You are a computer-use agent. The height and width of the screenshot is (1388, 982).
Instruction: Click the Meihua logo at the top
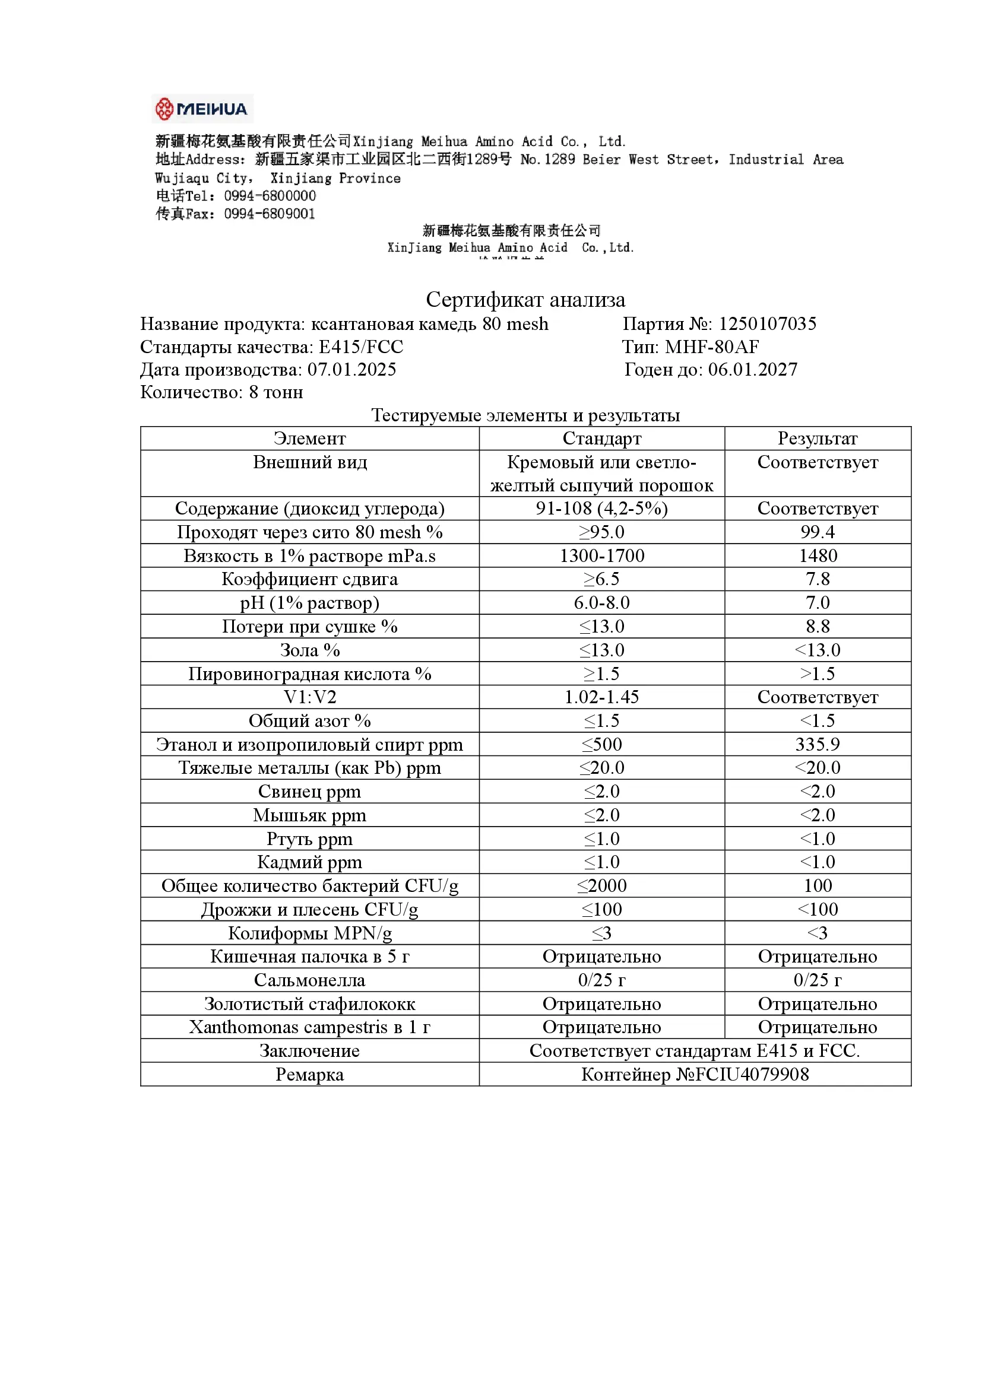point(202,109)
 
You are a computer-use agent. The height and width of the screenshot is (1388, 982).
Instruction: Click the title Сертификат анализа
point(525,300)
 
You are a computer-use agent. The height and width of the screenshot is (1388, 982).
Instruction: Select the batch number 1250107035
point(767,324)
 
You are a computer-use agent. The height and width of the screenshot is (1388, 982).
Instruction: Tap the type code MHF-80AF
point(712,347)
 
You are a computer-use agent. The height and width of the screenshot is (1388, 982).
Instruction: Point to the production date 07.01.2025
point(352,369)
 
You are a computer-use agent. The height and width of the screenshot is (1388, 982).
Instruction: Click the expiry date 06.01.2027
point(753,369)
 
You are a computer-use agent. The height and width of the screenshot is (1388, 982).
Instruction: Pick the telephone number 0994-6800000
point(270,196)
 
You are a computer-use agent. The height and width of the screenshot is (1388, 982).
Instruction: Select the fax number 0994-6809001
point(270,214)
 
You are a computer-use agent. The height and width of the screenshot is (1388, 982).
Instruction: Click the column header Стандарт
point(601,439)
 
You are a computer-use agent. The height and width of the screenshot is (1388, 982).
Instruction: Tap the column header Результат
point(818,439)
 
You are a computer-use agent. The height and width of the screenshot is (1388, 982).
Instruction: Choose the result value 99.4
point(818,532)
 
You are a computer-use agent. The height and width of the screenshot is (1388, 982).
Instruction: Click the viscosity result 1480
point(818,555)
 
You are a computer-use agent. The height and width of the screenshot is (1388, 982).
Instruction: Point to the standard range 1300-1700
point(601,555)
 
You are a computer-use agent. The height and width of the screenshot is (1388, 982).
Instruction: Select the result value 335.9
point(818,744)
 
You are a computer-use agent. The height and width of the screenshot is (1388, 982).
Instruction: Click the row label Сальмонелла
point(309,980)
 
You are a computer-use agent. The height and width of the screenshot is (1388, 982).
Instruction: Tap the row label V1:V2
point(309,697)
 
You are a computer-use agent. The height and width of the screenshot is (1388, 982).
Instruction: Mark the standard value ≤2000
point(601,885)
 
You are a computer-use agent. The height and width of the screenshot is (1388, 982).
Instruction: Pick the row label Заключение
point(309,1051)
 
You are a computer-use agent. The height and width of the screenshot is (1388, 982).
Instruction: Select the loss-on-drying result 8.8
point(818,626)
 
